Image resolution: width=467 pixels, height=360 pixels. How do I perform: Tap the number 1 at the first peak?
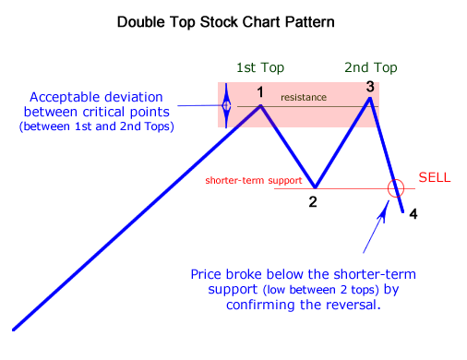(260, 92)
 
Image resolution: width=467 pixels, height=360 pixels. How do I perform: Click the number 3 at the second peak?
(369, 87)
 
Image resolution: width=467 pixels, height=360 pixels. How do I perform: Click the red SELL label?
(435, 176)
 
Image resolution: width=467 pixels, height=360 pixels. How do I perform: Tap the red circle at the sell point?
(397, 188)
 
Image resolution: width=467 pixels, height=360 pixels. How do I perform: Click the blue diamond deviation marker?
(227, 106)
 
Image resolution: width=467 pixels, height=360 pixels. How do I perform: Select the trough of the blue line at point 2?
(315, 186)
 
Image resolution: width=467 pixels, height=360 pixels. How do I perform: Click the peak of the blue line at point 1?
(260, 105)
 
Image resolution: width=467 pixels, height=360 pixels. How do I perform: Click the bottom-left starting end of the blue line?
(14, 328)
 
